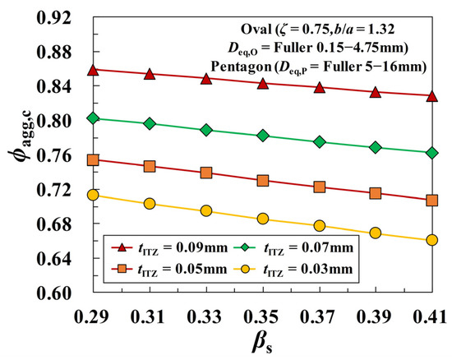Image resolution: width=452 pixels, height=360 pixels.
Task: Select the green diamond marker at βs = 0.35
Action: click(262, 135)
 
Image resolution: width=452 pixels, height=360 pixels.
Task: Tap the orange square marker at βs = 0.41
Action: click(431, 200)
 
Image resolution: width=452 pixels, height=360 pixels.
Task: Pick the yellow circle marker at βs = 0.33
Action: click(205, 210)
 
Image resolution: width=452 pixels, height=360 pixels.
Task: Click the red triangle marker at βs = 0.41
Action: click(431, 95)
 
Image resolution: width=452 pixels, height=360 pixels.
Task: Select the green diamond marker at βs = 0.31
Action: click(149, 123)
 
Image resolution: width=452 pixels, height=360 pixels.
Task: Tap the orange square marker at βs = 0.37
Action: click(319, 187)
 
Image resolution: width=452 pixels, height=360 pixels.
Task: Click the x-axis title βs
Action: click(261, 344)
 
